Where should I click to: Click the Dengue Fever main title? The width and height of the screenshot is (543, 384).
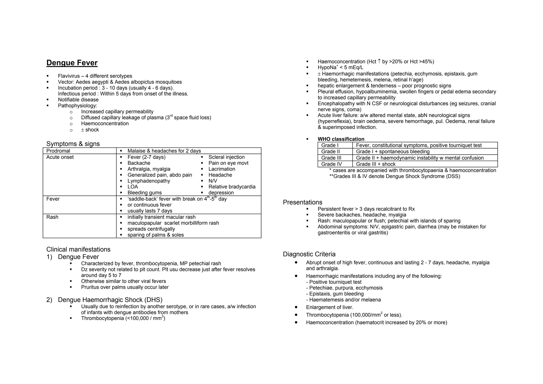pos(72,63)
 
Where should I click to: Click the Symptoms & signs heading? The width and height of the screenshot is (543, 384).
pos(73,144)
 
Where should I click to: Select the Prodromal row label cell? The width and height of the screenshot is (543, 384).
pos(58,151)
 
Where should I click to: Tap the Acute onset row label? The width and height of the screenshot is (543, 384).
pos(60,157)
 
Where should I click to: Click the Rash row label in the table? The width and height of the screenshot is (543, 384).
pos(52,217)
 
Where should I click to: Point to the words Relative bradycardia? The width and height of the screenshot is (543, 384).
pos(232,187)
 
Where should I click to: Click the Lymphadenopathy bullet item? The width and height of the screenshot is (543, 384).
pos(148,181)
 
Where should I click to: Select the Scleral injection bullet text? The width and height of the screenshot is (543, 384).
pos(226,157)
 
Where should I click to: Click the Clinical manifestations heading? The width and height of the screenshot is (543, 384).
pos(78,249)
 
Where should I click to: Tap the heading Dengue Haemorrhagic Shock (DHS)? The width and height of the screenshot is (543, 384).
pos(110,300)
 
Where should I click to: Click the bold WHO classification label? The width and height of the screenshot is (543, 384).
pos(341,139)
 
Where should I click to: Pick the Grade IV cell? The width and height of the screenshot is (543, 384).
pos(331,164)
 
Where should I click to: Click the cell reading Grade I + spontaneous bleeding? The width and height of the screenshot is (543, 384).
pos(392,152)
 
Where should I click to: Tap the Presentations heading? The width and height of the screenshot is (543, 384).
pos(302,202)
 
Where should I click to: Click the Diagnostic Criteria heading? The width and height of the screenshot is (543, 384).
pos(309,254)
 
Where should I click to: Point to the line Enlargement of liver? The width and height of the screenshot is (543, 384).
pos(329,307)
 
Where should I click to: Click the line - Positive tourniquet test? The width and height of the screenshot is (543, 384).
pos(334,282)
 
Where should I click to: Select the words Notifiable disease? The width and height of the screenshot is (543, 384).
pos(78,100)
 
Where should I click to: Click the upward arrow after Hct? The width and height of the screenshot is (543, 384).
pos(379,61)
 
